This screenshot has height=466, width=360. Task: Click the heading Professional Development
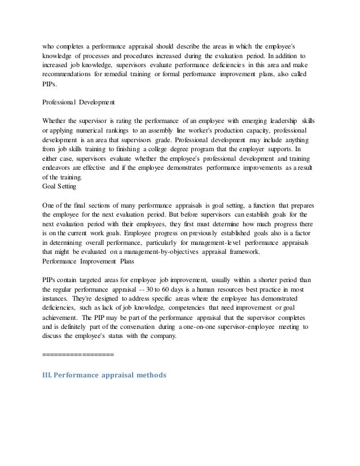coord(78,103)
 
